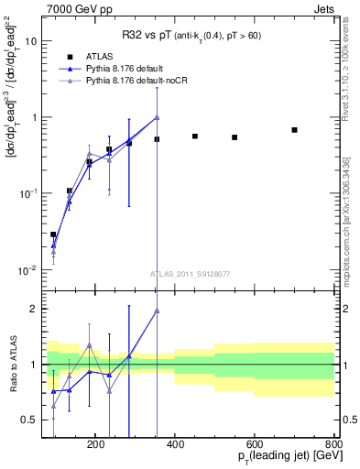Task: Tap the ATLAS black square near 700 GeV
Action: (x=294, y=130)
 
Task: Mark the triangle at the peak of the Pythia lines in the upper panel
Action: (x=157, y=117)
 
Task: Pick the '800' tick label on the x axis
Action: (x=334, y=443)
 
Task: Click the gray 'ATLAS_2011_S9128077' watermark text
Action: (x=189, y=273)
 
